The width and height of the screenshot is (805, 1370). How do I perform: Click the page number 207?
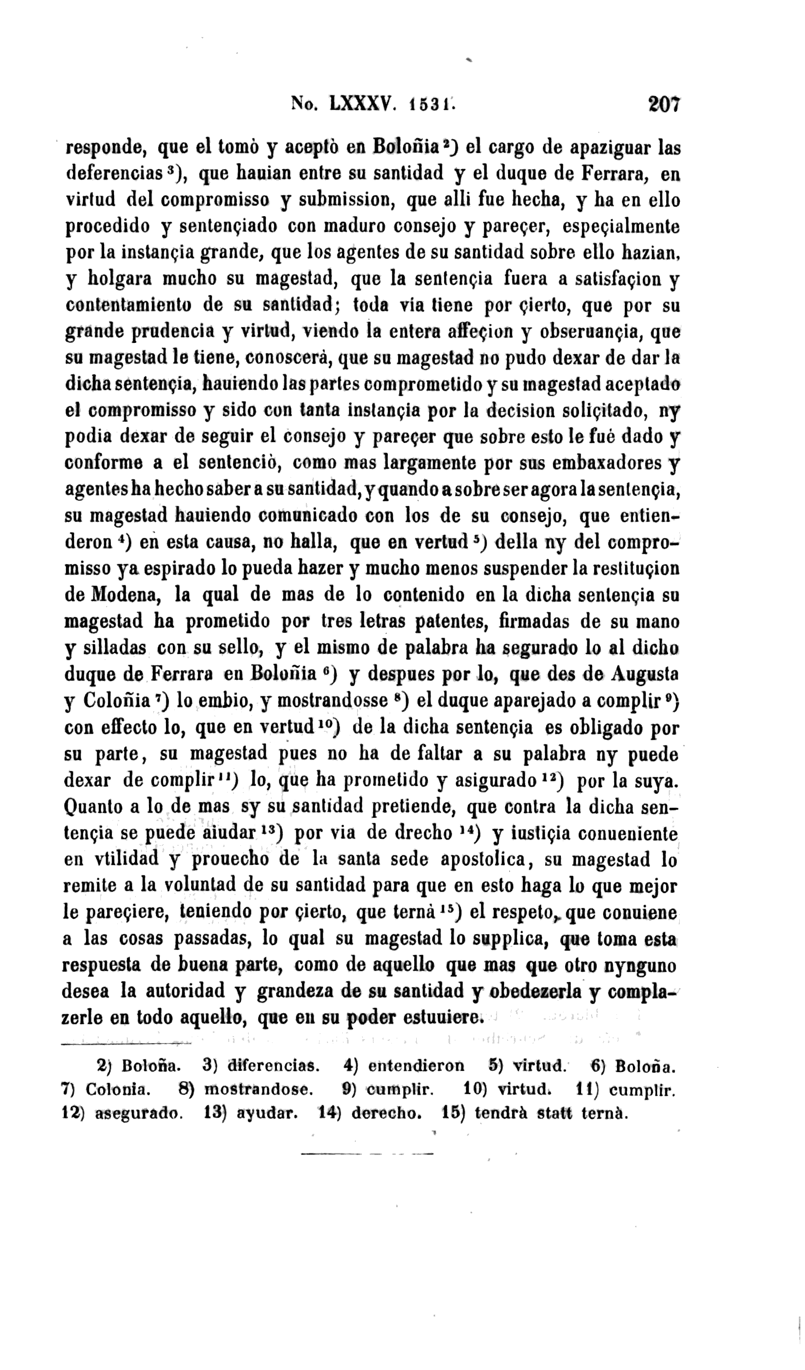663,104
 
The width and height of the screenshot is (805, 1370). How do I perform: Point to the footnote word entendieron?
416,1065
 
